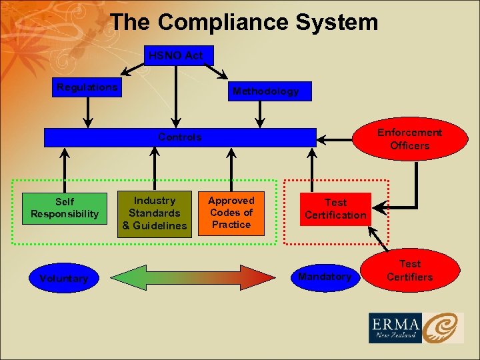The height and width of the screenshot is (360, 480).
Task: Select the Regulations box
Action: click(x=87, y=87)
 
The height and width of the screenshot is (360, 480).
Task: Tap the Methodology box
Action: click(x=265, y=91)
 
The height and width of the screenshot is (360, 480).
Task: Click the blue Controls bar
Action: click(x=179, y=137)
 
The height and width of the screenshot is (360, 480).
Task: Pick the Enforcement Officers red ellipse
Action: click(x=409, y=139)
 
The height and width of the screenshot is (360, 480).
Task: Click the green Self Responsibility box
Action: click(x=65, y=207)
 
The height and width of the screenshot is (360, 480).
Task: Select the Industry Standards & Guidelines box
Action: click(x=155, y=213)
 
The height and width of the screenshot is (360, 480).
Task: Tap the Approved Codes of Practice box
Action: click(x=231, y=213)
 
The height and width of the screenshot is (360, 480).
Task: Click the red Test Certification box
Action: click(x=335, y=209)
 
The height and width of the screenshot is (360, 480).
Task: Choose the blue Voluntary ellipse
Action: click(x=63, y=278)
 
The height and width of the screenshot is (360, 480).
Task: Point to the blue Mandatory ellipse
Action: click(x=325, y=277)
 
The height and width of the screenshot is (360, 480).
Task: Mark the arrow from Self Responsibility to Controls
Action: click(x=64, y=170)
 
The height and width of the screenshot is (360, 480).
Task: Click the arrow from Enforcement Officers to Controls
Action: click(x=335, y=139)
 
